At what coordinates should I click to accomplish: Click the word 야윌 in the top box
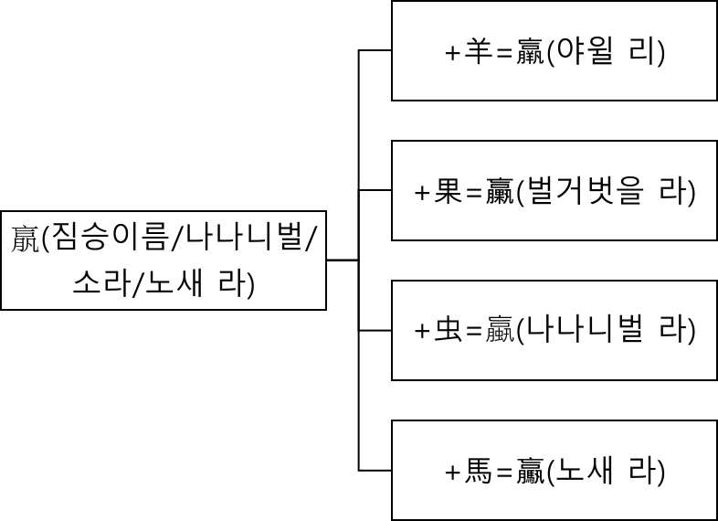(586, 52)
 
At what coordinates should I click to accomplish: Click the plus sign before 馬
(454, 473)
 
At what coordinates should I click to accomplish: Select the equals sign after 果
(475, 193)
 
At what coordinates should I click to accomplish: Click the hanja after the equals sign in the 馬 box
(531, 472)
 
